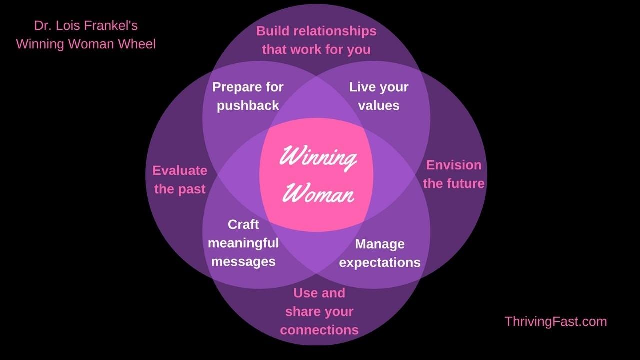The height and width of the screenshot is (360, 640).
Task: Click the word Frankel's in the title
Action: point(111,25)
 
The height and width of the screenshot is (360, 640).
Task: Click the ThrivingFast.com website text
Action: point(556,322)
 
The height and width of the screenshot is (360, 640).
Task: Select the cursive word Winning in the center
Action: point(318,158)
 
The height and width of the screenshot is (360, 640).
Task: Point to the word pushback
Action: point(248,106)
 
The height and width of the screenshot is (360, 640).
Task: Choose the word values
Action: point(379,106)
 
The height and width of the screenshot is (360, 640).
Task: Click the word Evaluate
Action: point(180,171)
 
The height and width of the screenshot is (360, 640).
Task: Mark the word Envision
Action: point(454,165)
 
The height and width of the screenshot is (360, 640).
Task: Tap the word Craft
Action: point(243,225)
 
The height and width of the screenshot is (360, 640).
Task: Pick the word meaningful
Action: point(243,243)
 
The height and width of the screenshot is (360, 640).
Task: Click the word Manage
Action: point(380,245)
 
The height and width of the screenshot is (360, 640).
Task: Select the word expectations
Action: point(380,263)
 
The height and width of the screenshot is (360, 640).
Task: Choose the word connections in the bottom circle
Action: point(319,330)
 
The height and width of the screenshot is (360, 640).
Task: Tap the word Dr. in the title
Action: point(42,25)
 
